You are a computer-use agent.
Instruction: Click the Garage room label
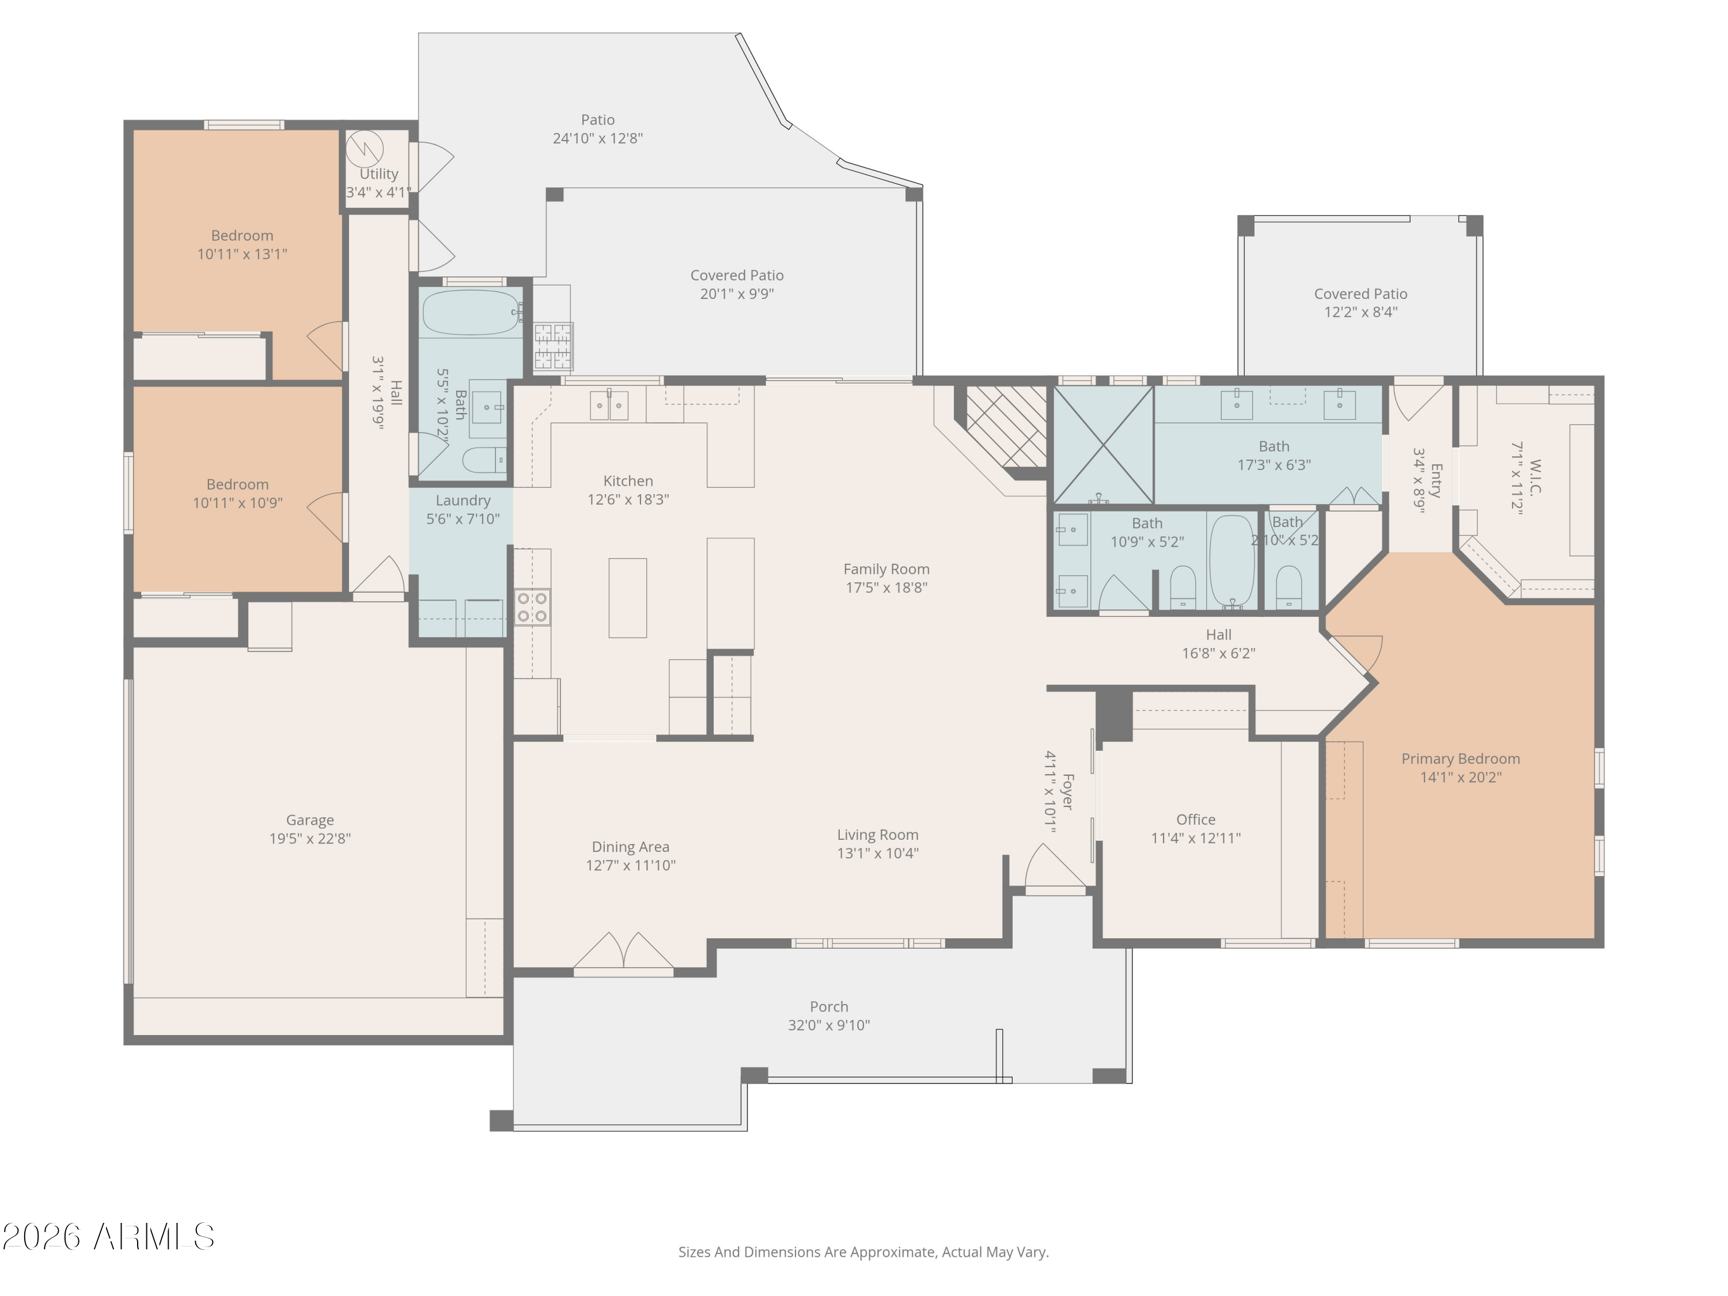(x=310, y=820)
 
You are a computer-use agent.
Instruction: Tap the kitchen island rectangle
(x=627, y=598)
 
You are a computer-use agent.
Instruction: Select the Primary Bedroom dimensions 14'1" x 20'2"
(x=1460, y=777)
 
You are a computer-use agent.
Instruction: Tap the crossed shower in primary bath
(x=1103, y=445)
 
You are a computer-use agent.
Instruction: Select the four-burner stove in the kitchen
(x=531, y=608)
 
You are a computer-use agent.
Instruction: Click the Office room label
(x=1195, y=820)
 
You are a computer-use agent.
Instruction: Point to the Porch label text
(x=828, y=1007)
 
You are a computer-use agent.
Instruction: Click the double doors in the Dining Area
(x=623, y=953)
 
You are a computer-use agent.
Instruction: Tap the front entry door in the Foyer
(x=1055, y=867)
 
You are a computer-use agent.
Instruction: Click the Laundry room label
(x=463, y=501)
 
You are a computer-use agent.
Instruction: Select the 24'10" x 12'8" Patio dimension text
(x=598, y=138)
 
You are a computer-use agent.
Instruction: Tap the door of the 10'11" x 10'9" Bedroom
(x=327, y=517)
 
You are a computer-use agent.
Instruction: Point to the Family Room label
(x=886, y=570)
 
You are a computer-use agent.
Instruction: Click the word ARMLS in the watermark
(x=154, y=1237)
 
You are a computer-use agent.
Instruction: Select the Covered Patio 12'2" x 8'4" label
(x=1360, y=302)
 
